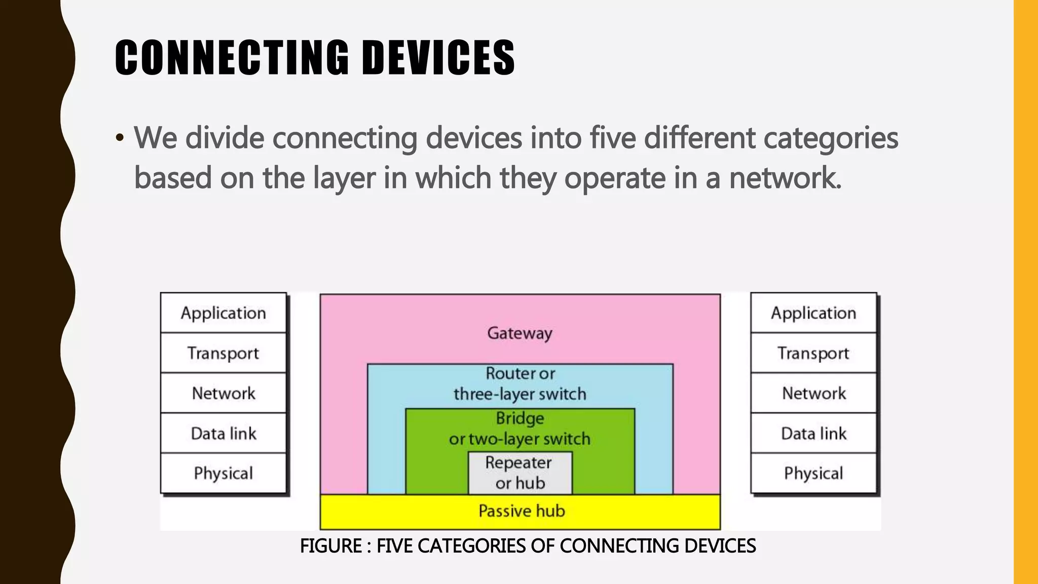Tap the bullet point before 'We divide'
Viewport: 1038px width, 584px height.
120,138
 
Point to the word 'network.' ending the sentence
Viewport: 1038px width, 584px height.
785,178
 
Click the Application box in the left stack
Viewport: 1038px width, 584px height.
224,313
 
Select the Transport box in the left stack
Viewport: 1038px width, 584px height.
224,353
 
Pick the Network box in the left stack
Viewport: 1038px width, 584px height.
224,393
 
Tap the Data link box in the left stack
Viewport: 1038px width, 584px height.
224,433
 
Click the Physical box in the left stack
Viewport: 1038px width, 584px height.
224,473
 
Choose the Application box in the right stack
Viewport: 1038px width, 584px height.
813,313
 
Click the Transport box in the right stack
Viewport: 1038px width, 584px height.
813,353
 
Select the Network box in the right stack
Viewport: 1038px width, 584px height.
813,393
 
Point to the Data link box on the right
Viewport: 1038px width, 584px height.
813,433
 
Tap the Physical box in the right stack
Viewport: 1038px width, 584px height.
813,473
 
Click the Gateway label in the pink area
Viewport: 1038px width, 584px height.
520,333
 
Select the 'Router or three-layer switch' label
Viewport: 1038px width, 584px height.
520,384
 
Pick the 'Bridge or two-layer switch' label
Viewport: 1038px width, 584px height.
520,428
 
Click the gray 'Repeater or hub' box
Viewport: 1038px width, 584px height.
520,473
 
